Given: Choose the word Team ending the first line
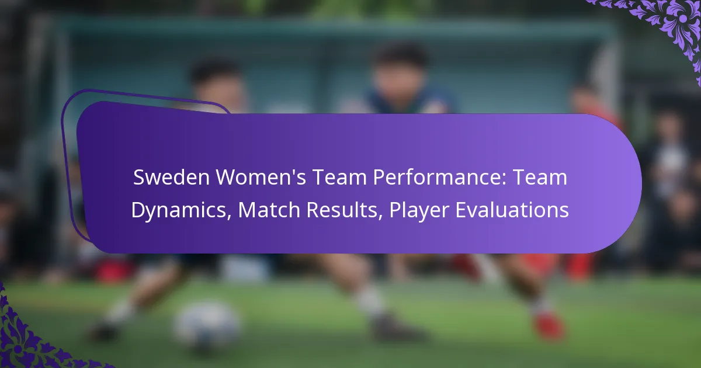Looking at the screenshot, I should pos(543,178).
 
